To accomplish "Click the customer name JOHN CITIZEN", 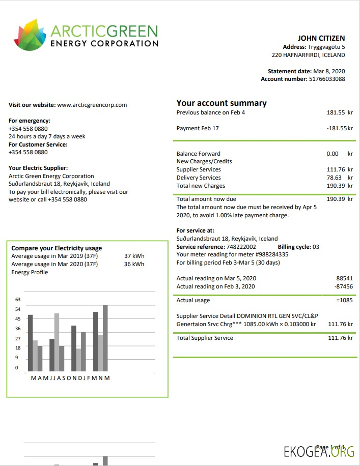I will click(x=321, y=38).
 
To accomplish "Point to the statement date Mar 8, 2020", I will click(x=329, y=71).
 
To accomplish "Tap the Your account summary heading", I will click(x=221, y=103).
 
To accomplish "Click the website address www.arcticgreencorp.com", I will click(x=92, y=105).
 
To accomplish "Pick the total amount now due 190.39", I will click(x=336, y=199).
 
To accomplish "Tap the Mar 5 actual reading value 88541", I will click(x=344, y=278).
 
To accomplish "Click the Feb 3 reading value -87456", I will click(x=343, y=286).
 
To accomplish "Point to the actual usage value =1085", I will click(x=344, y=300).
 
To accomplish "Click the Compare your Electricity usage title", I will click(x=57, y=248).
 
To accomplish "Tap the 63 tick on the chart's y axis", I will click(x=18, y=300).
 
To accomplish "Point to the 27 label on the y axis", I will click(x=18, y=338).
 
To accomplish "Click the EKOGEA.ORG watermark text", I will click(x=319, y=451).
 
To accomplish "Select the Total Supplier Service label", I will click(x=205, y=338).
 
